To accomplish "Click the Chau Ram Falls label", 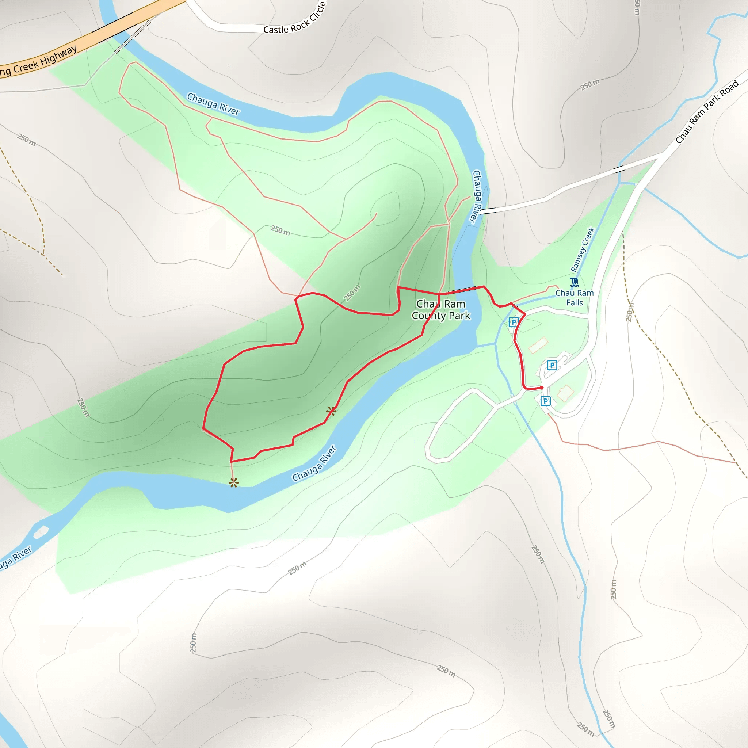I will tap(575, 298).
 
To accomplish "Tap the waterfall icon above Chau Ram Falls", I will tap(575, 282).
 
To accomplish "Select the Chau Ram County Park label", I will tap(441, 310).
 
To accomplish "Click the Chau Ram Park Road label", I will tap(707, 111).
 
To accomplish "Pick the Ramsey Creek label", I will tap(583, 250).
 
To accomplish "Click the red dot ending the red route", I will tap(542, 388).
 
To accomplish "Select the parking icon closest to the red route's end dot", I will tap(546, 401).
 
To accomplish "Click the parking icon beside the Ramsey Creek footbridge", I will tap(514, 322).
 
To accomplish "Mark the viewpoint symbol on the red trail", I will tap(331, 411).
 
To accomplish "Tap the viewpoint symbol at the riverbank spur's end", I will tap(233, 483).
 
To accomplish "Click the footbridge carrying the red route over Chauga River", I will tap(462, 289).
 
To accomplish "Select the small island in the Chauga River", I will tap(41, 532).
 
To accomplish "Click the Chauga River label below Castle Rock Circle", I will tap(213, 104).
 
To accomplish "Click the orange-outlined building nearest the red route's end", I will tap(565, 393).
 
